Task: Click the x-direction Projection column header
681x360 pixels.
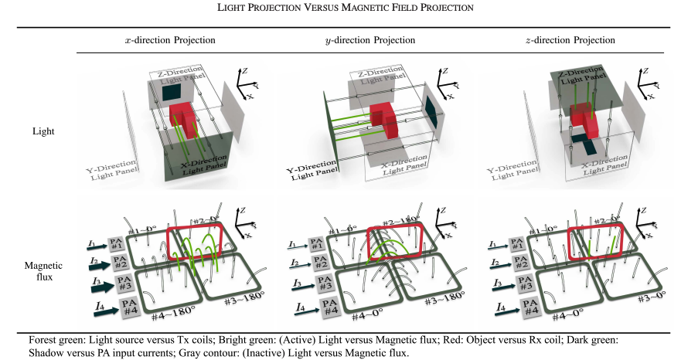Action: [170, 40]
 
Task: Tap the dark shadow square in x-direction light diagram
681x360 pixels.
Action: [172, 93]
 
